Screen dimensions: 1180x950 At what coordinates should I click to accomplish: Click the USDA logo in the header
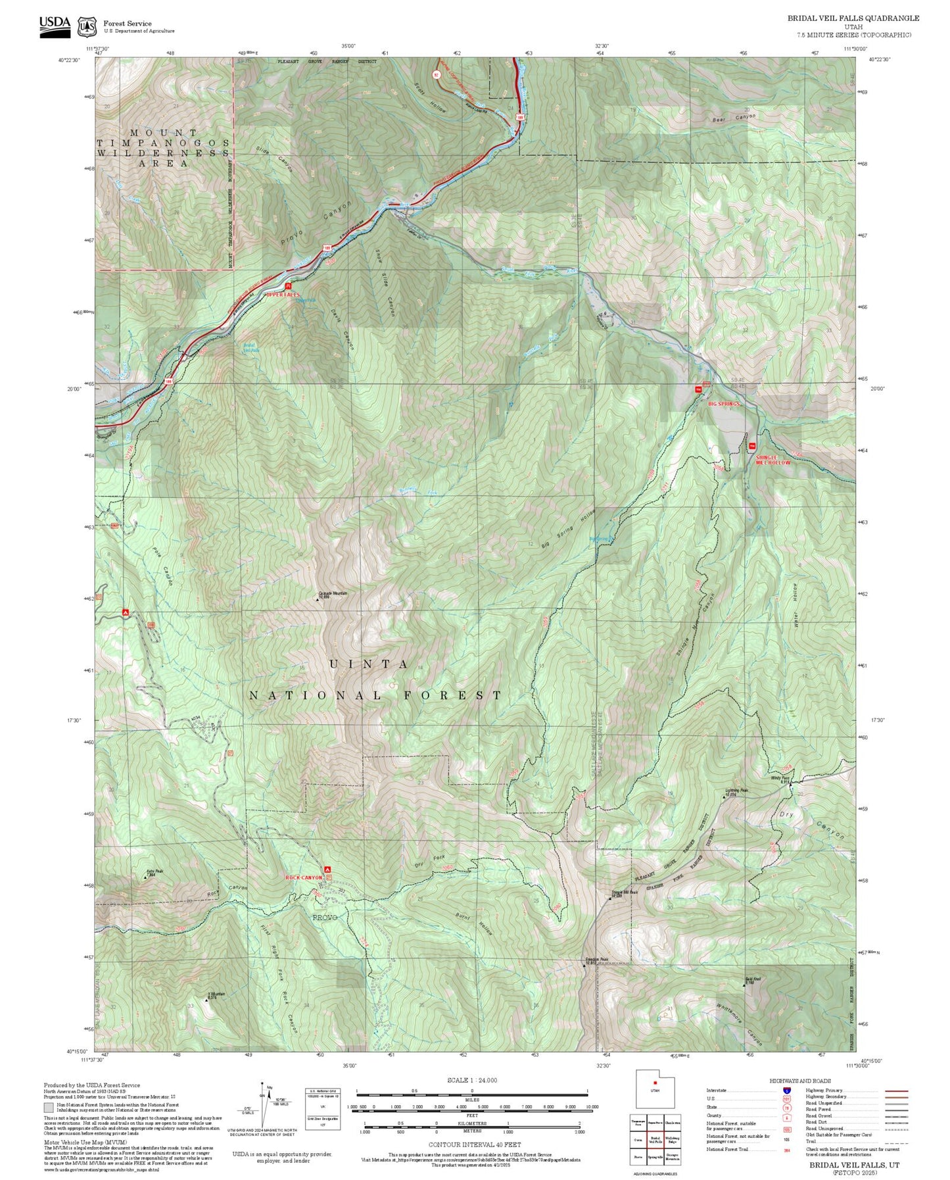point(55,26)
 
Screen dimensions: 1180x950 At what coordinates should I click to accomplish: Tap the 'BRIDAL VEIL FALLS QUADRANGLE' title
point(853,18)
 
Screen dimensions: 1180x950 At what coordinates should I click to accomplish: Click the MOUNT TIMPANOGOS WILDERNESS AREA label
point(164,148)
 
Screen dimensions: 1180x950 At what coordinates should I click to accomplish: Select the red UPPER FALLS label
point(283,295)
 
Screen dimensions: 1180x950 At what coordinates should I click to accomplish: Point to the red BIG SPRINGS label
point(724,404)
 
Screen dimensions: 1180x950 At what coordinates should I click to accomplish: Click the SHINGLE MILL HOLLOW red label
point(772,460)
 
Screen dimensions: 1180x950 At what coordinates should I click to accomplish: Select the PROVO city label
point(324,917)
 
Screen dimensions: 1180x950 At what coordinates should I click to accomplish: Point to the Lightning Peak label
point(736,791)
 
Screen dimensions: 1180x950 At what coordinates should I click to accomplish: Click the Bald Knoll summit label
point(753,979)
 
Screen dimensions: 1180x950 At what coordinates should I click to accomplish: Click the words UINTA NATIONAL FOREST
point(375,680)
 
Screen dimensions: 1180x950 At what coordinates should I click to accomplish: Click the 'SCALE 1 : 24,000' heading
point(471,1080)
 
